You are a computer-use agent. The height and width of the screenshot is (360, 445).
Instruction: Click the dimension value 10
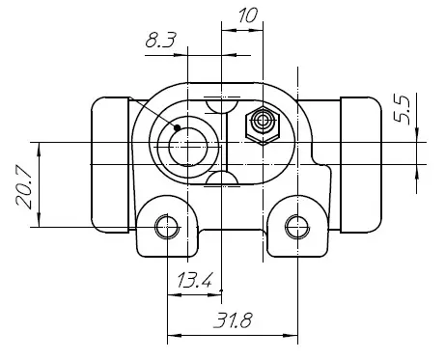248,15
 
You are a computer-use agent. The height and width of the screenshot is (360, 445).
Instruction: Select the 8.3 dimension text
161,41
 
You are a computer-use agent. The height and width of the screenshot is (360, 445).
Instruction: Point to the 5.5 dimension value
403,110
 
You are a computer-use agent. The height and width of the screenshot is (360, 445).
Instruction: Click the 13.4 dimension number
195,280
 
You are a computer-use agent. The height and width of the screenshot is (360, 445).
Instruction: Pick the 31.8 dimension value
233,320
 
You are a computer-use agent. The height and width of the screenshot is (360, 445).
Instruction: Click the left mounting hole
167,227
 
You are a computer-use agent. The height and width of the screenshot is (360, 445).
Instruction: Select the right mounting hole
297,227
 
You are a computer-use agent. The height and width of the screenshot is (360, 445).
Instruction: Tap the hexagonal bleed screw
263,125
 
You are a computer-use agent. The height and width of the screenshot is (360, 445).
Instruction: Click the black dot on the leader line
177,127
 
